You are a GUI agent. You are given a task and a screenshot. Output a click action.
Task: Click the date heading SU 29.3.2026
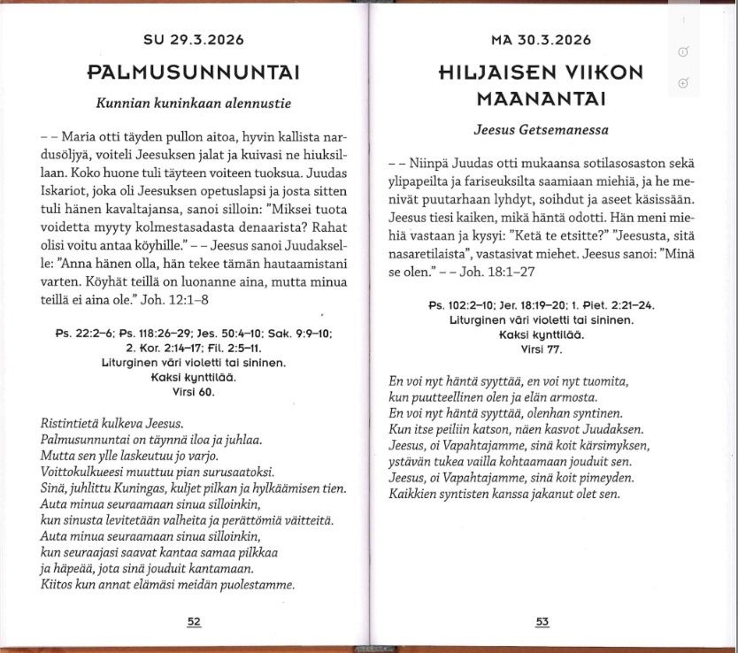click(194, 41)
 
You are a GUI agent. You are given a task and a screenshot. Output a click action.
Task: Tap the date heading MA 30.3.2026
click(541, 41)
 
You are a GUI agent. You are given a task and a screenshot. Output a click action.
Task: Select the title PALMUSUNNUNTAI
click(194, 71)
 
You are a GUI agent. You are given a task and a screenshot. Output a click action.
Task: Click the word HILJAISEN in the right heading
click(488, 73)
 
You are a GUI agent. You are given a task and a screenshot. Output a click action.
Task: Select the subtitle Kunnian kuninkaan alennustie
click(193, 102)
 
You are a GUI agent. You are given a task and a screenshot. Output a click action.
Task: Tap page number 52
click(194, 621)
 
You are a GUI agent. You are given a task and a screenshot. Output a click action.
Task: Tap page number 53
click(542, 621)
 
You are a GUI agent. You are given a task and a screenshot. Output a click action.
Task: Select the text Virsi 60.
click(194, 392)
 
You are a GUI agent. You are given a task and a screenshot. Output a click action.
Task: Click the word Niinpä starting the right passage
click(431, 164)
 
